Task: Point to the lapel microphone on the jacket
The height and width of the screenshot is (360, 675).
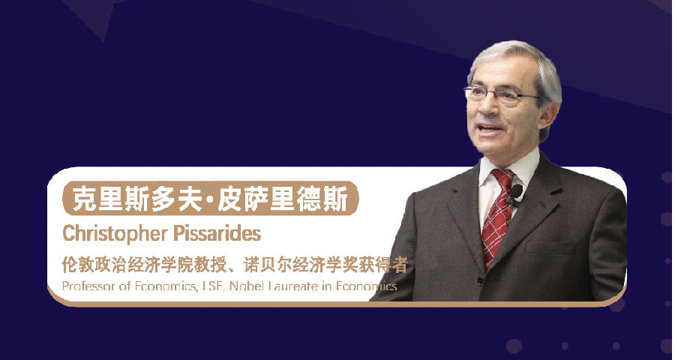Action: click(x=516, y=193)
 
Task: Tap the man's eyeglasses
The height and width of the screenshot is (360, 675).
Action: click(x=500, y=95)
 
